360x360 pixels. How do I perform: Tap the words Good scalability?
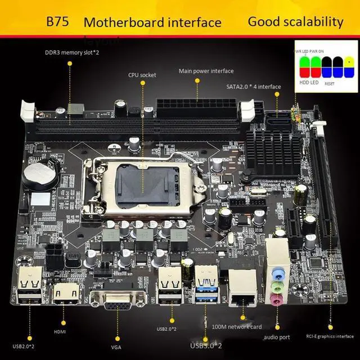(x=295, y=22)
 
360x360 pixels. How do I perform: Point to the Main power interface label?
(x=206, y=71)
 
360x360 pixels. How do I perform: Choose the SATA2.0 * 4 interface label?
(x=253, y=86)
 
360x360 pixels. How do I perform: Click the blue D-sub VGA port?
(x=117, y=304)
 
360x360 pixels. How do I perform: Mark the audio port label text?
(x=277, y=337)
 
